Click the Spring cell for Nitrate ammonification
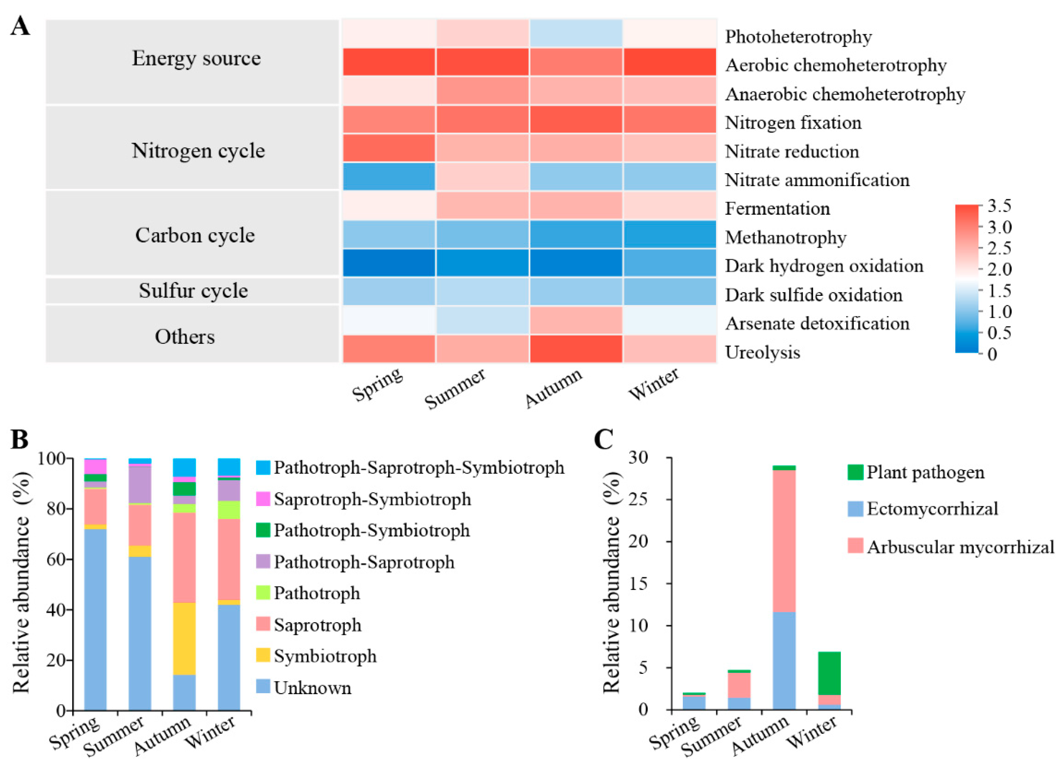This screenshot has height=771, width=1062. coord(389,176)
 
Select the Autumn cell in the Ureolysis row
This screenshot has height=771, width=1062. coord(576,349)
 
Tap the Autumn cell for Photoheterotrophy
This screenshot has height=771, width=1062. coord(576,33)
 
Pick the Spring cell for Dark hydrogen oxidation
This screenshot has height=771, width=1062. coord(389,263)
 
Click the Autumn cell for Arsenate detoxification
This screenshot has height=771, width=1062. coord(576,320)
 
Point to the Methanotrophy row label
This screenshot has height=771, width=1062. coord(786,237)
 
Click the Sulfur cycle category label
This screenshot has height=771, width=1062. coord(193,291)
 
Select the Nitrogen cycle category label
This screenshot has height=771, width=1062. coord(198,151)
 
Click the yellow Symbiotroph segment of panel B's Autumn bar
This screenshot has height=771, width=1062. coord(185,639)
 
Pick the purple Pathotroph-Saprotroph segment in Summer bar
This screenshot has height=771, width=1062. coord(140,485)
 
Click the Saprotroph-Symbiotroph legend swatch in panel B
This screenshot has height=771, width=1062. coord(263,499)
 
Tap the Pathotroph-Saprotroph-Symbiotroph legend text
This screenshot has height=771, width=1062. coord(419,468)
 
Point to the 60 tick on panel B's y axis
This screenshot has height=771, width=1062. coord(56,559)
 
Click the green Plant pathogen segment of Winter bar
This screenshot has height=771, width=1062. coord(829,673)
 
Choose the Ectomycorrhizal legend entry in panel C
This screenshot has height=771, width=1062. coord(932,509)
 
